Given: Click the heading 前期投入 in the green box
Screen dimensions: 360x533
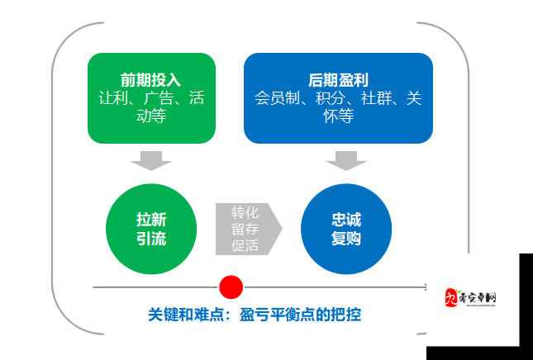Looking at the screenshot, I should pos(151,80).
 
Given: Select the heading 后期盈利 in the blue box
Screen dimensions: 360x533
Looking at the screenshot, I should pos(338,80).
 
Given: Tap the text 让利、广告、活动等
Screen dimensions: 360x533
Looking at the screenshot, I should pos(151,108).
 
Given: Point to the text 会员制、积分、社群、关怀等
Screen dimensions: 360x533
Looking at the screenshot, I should pos(338,108).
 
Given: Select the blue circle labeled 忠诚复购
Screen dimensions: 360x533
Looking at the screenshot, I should pos(346,230).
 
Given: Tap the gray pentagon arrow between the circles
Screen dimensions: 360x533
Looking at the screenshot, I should pos(247,229).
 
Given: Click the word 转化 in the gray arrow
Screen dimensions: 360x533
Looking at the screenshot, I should pos(245,211).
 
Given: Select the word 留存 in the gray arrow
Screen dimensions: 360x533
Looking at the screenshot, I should pos(245,229).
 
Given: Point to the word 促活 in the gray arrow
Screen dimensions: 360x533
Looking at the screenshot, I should pos(245,246).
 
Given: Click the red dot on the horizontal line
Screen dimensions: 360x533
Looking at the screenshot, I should pos(231,287).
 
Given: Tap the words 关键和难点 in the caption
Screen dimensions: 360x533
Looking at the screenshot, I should pos(184,315).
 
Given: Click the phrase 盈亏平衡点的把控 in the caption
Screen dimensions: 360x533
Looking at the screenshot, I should pos(300,315).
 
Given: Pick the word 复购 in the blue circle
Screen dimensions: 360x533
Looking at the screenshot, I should pos(346,239).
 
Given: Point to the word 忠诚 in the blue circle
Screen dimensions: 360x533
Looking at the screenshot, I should pos(346,220).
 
